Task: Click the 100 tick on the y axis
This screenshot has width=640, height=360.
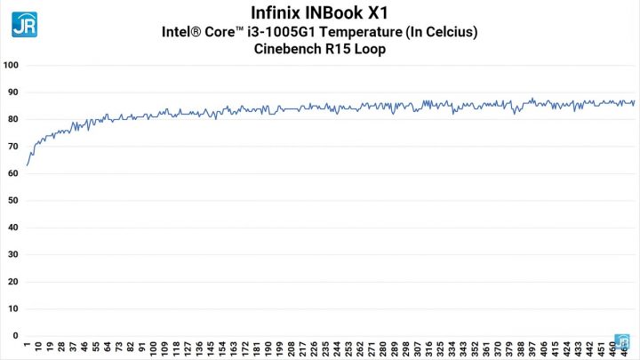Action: click(12, 65)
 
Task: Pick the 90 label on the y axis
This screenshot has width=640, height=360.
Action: click(12, 92)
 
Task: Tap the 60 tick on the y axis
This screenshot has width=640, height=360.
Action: click(12, 173)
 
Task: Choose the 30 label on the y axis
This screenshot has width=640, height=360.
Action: click(12, 255)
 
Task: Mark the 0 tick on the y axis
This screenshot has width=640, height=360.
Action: click(14, 336)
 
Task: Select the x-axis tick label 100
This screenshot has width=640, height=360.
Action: click(154, 348)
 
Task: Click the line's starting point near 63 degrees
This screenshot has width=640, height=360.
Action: click(28, 165)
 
